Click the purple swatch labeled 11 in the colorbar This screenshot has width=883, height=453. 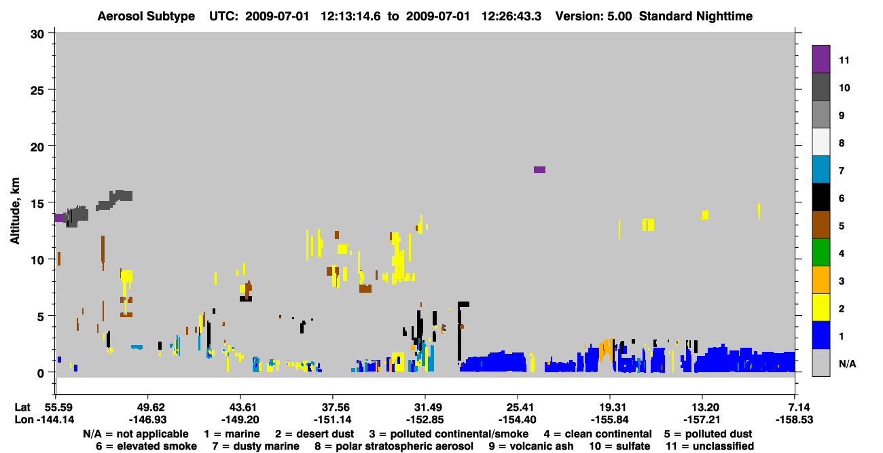coord(821,58)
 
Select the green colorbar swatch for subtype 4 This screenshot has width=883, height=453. coord(821,253)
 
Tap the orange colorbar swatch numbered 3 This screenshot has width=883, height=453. coord(821,280)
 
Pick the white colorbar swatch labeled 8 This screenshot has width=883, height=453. coord(821,142)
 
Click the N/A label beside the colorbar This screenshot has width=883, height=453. coord(847,363)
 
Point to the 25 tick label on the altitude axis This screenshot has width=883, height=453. coord(37,91)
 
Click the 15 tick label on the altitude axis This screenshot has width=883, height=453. coord(37,204)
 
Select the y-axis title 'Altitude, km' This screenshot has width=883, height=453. coord(15,211)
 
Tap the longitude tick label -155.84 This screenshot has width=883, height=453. coord(610,419)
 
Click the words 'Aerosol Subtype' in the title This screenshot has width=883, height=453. coord(146,16)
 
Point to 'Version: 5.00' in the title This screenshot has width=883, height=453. coord(594,16)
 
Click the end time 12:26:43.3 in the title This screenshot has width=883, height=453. coord(511,16)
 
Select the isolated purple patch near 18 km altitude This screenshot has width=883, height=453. coord(540,170)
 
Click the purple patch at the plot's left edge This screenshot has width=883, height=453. coord(59,218)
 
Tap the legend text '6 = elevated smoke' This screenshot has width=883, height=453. coord(146,446)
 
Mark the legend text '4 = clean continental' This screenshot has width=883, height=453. coord(598,434)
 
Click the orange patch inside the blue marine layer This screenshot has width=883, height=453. coord(606,349)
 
